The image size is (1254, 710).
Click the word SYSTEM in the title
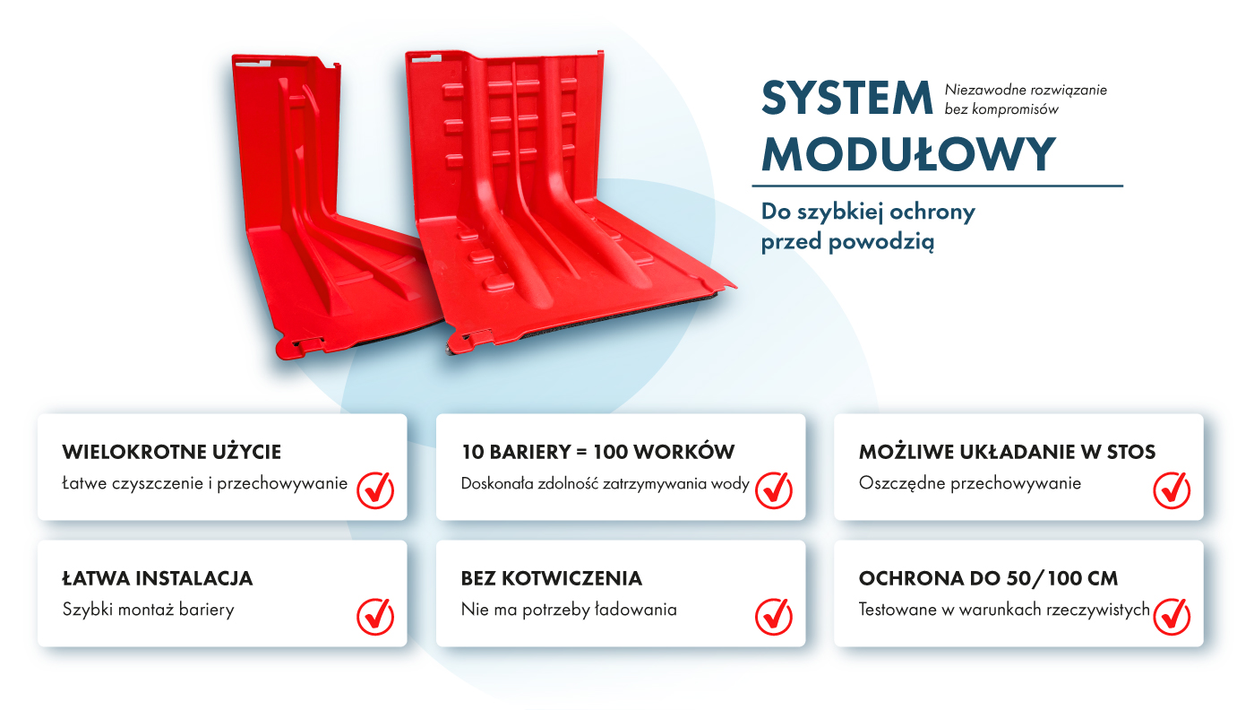pos(846,98)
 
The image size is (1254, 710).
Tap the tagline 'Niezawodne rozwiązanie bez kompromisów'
pos(1026,100)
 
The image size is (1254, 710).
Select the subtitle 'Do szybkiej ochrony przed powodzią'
pos(868,227)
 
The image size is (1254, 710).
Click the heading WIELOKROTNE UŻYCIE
pos(171,452)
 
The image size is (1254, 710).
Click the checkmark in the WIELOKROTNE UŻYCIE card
pos(375,490)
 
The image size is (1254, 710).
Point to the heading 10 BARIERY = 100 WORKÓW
pos(597,452)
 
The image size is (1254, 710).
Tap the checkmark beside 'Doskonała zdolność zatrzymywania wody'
pos(774,490)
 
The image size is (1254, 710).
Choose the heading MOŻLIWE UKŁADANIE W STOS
pos(1007,452)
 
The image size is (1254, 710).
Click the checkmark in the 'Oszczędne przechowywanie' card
pos(1172,490)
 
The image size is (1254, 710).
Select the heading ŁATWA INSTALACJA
pos(158,578)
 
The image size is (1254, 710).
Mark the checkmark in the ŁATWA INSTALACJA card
pos(375,617)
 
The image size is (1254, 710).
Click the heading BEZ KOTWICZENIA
pos(552,578)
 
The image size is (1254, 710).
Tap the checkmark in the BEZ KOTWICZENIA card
pos(774,617)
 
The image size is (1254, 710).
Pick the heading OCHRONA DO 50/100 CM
pos(988,578)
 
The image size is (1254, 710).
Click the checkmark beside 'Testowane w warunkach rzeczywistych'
pos(1172,617)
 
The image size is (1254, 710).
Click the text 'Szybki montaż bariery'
pos(149,610)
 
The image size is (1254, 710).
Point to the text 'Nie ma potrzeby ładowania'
pos(569,610)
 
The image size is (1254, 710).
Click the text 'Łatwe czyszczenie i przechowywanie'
pos(205,483)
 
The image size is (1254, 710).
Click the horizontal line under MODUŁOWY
pos(938,186)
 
